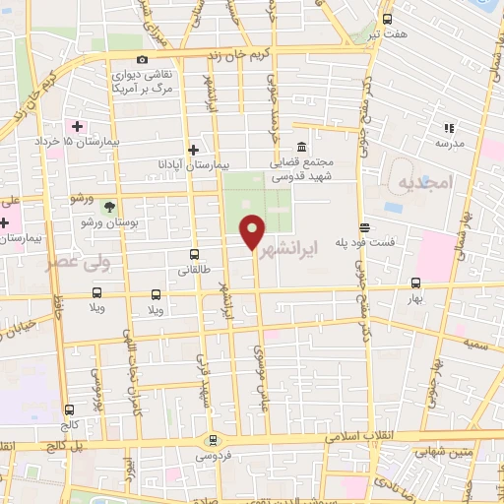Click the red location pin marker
pos(253,231)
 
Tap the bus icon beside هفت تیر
pos(387,19)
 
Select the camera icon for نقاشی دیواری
pos(144,60)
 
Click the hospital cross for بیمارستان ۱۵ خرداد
pos(77,127)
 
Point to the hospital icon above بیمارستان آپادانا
pos(194,149)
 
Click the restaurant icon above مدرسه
pos(449,128)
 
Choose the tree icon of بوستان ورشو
pos(109,207)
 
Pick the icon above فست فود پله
pos(364,226)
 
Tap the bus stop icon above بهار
pos(415,281)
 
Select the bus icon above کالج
pos(69,409)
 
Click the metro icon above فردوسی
pos(212,440)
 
